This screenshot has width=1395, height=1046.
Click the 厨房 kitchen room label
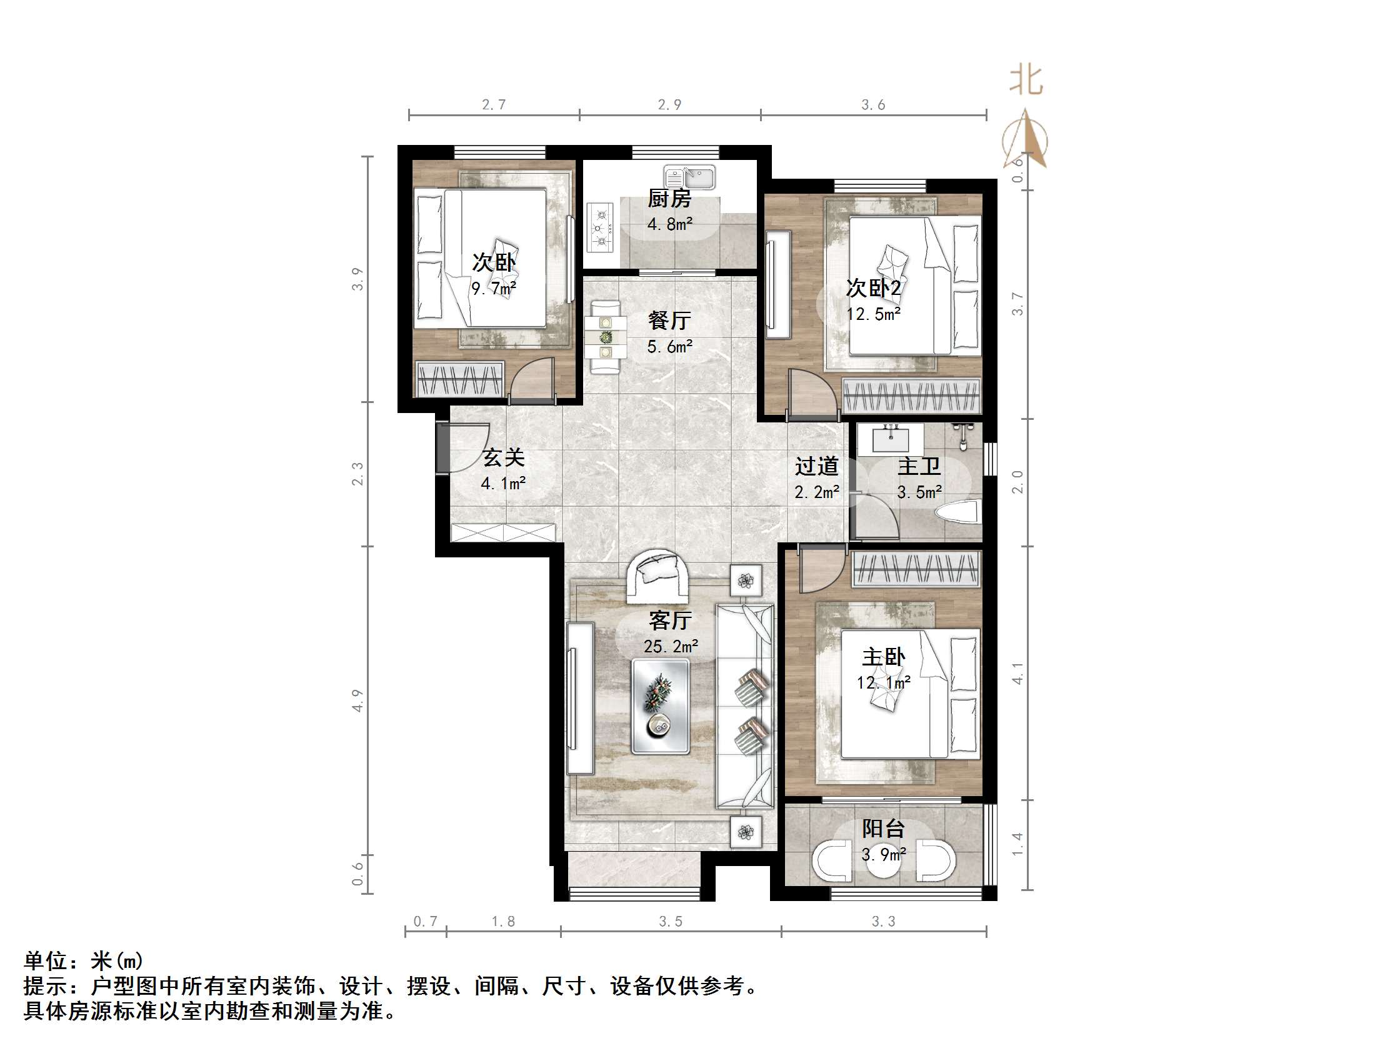[669, 199]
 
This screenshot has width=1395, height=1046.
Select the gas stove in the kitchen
[601, 227]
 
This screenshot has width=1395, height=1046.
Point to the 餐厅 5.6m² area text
[670, 347]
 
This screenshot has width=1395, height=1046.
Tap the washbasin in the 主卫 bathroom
[891, 439]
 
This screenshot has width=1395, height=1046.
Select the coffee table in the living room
[660, 705]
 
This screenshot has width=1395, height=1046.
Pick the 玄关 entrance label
[503, 458]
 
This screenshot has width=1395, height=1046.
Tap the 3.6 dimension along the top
[873, 106]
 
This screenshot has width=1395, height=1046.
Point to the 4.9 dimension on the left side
[357, 700]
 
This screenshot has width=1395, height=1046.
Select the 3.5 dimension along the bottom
[671, 922]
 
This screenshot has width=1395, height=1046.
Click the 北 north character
[1026, 81]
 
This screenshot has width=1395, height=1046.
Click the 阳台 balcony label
[884, 829]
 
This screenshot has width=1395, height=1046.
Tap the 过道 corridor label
[816, 466]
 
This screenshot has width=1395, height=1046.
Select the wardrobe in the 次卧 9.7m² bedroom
[459, 379]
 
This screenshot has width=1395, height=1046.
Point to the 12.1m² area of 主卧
[883, 682]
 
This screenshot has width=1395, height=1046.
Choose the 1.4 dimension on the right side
[1017, 844]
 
